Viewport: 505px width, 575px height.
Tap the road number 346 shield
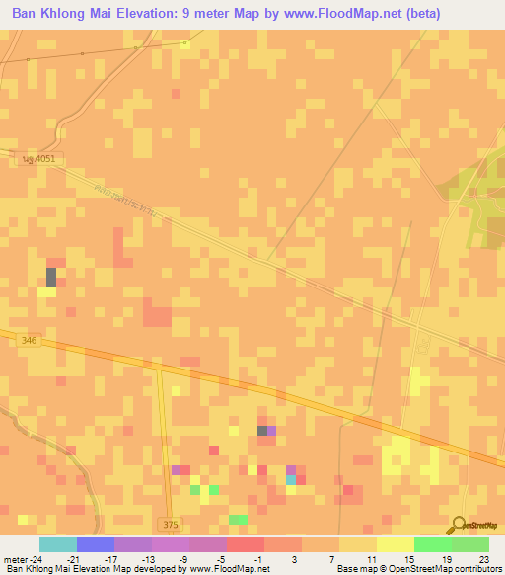click(x=28, y=340)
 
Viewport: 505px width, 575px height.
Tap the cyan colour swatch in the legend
click(x=57, y=544)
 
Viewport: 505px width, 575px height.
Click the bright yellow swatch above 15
click(x=396, y=544)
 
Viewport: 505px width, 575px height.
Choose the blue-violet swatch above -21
click(x=96, y=544)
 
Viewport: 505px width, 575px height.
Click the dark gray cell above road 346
click(x=51, y=277)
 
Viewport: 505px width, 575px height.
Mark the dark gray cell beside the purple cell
click(x=261, y=431)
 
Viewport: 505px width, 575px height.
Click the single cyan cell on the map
click(x=290, y=480)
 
